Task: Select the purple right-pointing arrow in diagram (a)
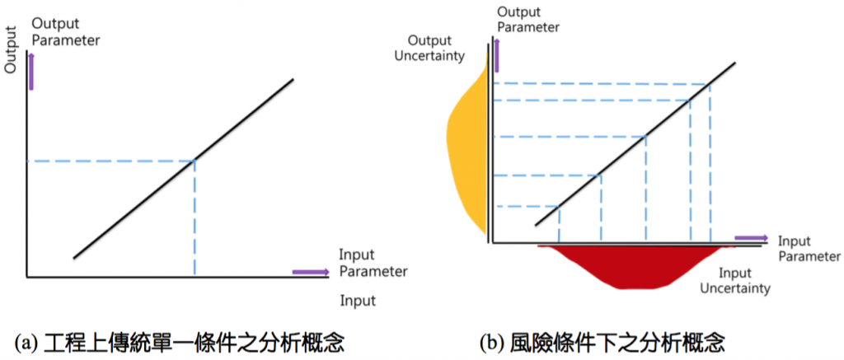tap(309, 271)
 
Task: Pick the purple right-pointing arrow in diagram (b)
tap(751, 238)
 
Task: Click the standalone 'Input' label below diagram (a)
tap(359, 301)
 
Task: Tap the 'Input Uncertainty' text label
tap(736, 280)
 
